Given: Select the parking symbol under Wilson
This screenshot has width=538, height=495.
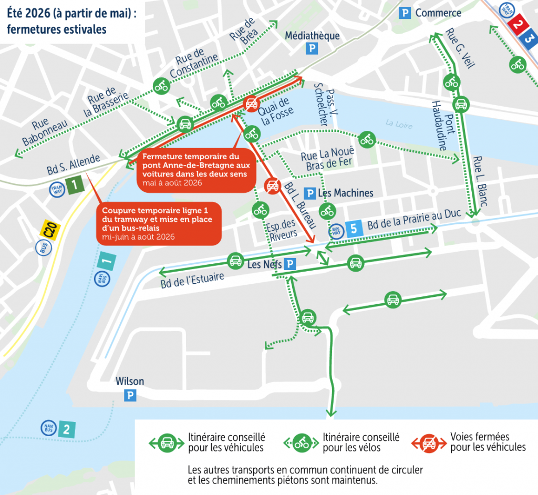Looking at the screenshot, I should pos(130,396).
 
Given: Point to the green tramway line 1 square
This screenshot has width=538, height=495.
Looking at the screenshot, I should pos(76,185).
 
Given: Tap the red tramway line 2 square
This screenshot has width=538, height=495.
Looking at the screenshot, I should pos(518,24).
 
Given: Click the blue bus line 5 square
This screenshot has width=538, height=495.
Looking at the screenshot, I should pos(354,229).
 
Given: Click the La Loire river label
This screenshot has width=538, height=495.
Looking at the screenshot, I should pos(398,125).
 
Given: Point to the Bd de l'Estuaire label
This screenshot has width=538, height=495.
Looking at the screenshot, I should pos(192,281).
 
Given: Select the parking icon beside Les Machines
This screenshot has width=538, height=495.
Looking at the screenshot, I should pos(310,194).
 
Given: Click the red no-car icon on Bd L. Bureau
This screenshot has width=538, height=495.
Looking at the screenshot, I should pos(272,185).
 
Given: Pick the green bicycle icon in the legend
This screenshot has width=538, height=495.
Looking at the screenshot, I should pos(302,443).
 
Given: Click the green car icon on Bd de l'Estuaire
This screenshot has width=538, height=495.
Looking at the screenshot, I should pos(235,260).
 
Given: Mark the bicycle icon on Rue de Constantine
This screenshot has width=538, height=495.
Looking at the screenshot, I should pos(161,86).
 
